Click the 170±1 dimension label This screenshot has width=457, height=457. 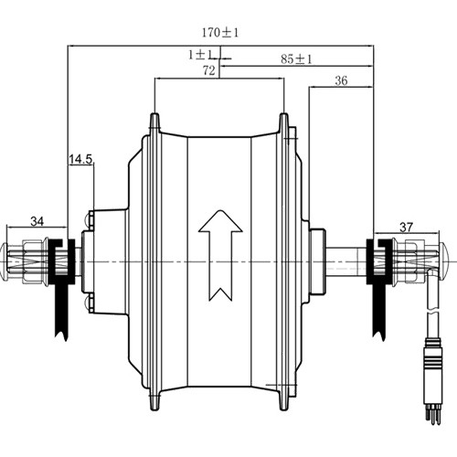click(x=220, y=33)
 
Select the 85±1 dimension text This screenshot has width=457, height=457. click(x=296, y=59)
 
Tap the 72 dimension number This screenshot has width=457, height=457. click(x=209, y=70)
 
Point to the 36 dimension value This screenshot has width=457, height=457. click(x=341, y=80)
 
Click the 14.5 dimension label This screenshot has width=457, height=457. click(x=80, y=159)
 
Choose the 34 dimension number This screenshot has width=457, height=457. click(x=37, y=221)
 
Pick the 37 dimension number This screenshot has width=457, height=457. click(x=407, y=228)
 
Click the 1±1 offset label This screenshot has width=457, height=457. click(x=200, y=55)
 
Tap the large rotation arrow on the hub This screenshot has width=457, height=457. click(x=220, y=255)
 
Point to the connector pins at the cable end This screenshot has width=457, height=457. click(x=433, y=417)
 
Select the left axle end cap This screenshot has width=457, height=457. click(x=5, y=261)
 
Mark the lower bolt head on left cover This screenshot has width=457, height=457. click(x=89, y=303)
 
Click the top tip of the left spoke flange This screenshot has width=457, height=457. click(x=154, y=114)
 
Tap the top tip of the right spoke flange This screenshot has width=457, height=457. click(x=284, y=114)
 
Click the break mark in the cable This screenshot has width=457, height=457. click(x=433, y=314)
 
